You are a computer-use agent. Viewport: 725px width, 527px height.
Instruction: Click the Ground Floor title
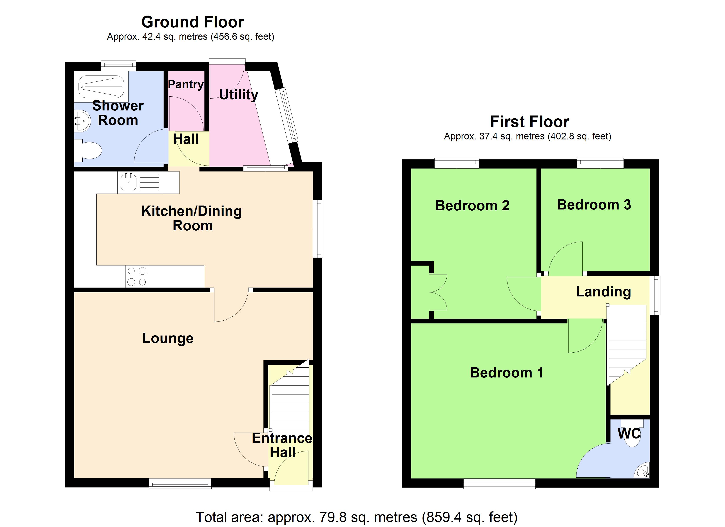click(x=192, y=22)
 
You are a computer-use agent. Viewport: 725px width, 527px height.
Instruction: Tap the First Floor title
click(x=529, y=122)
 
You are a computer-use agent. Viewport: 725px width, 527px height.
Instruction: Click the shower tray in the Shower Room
click(x=101, y=87)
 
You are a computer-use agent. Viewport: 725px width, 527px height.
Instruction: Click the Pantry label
click(x=186, y=84)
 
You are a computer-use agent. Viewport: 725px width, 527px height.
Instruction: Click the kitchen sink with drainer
click(x=140, y=182)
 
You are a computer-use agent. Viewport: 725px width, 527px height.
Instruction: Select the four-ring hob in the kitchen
click(x=137, y=276)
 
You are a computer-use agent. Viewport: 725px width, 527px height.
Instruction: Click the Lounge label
click(x=168, y=338)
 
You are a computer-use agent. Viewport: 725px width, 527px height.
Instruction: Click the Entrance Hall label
click(x=282, y=445)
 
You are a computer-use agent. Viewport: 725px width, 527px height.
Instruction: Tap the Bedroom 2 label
click(x=472, y=206)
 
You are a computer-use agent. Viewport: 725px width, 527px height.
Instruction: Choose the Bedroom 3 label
click(x=594, y=205)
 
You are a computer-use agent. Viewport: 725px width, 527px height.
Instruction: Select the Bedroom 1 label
click(x=506, y=373)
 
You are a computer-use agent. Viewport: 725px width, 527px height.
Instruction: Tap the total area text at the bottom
click(x=356, y=517)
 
